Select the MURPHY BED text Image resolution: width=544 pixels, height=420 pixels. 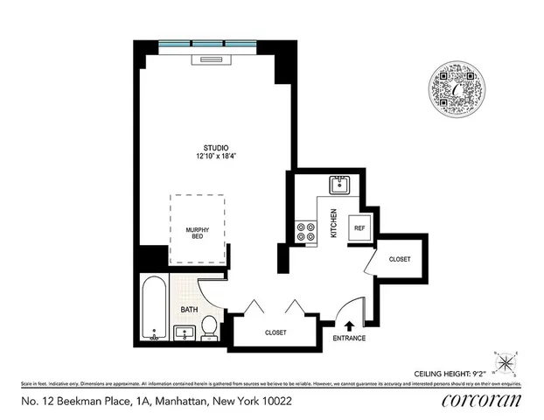tap(198, 234)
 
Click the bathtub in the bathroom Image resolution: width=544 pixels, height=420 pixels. tap(154, 307)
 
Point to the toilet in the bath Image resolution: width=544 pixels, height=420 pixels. tap(210, 327)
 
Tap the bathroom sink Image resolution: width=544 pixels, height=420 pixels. tap(185, 332)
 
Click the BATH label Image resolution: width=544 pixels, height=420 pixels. tap(190, 310)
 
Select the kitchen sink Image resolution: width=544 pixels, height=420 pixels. tap(339, 185)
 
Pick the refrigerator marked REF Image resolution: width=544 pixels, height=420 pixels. tap(359, 227)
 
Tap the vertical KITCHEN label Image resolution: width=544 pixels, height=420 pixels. tap(333, 224)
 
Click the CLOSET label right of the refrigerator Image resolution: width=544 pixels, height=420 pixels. tap(400, 259)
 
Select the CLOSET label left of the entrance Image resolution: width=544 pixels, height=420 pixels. tap(276, 332)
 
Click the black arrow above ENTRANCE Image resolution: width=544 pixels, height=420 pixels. tap(350, 325)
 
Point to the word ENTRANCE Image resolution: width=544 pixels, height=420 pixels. tap(350, 338)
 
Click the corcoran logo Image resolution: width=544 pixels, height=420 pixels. tap(483, 401)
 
